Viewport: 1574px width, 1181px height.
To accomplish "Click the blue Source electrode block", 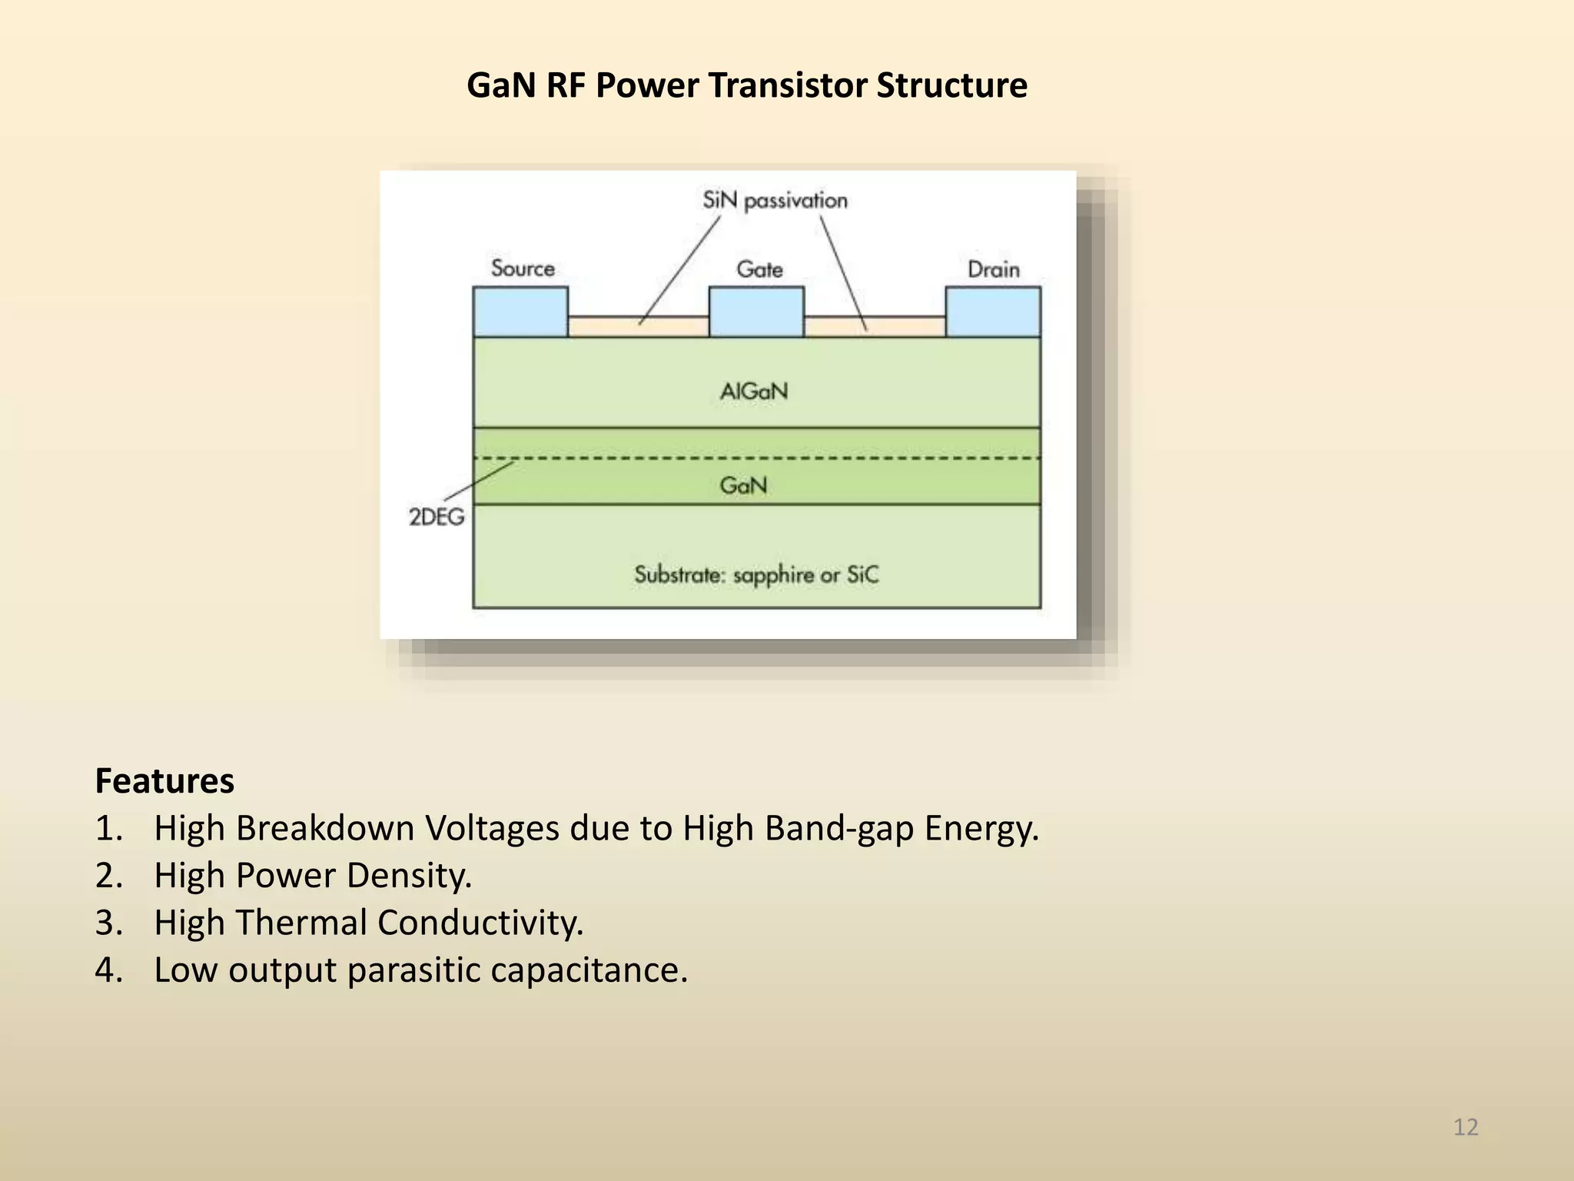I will [520, 311].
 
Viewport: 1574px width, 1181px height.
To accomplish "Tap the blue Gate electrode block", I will [756, 311].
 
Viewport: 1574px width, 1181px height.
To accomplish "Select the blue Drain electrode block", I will [993, 311].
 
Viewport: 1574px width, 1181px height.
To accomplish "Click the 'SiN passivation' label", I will [775, 201].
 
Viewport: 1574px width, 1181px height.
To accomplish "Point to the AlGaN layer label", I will [754, 391].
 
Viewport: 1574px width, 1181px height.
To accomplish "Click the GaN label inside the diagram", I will [743, 485].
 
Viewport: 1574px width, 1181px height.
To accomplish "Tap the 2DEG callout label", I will [437, 517].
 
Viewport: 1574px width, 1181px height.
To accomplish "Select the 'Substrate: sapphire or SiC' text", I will [756, 575].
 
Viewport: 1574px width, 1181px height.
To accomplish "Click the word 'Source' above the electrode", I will [523, 268].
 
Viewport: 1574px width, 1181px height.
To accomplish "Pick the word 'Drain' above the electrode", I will [993, 269].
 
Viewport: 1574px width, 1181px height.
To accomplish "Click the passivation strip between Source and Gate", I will [638, 327].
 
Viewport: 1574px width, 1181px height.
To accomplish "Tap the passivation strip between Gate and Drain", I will [875, 327].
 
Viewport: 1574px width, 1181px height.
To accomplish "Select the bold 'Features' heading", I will [164, 781].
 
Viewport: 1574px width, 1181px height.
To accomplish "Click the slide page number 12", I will [1466, 1127].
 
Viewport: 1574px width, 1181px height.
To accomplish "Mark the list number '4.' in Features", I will [108, 970].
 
